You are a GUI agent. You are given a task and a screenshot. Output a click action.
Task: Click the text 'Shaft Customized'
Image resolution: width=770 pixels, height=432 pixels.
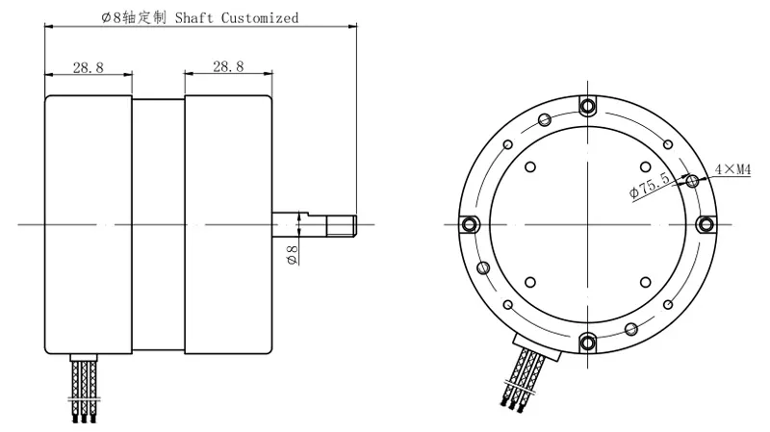[x=237, y=17]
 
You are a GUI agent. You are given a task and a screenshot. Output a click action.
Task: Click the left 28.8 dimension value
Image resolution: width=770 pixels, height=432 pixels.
[x=88, y=66]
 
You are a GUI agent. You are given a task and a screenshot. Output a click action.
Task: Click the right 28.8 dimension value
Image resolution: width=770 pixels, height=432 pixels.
[x=227, y=66]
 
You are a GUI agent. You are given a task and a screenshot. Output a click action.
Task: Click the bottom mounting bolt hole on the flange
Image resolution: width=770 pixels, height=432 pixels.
[x=587, y=341]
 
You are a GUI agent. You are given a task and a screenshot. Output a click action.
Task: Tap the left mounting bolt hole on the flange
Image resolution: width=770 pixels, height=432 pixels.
[x=469, y=223]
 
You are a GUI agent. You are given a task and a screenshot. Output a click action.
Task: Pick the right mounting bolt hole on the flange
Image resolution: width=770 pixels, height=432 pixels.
[x=705, y=223]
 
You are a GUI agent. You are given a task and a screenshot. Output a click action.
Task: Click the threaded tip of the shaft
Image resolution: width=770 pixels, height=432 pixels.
[x=345, y=224]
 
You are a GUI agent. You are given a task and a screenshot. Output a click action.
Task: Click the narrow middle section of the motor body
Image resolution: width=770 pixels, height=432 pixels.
[x=158, y=224]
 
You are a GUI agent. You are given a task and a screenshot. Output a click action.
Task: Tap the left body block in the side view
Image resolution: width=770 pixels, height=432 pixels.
[x=88, y=224]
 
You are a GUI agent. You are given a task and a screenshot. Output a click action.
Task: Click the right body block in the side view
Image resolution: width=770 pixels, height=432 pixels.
[x=227, y=224]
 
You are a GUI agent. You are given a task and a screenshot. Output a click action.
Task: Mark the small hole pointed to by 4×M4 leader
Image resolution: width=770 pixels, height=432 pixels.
[x=691, y=179]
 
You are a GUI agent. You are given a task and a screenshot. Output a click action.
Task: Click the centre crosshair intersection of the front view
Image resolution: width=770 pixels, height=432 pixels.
[x=587, y=223]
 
